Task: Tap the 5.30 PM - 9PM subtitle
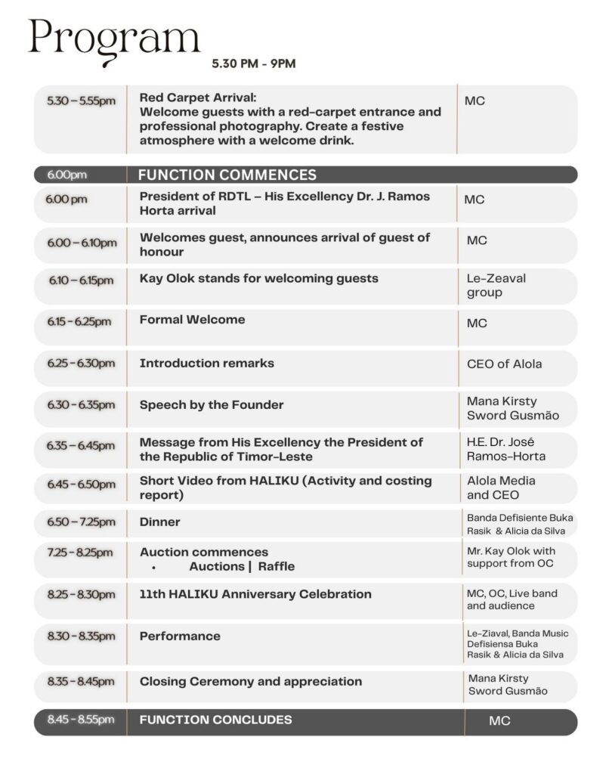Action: (254, 63)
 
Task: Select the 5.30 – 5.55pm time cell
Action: (81, 101)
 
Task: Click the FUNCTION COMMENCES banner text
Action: (227, 175)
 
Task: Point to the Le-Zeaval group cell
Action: (496, 285)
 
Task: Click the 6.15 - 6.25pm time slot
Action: (79, 321)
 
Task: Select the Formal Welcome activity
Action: (192, 320)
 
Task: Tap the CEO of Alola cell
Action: (503, 364)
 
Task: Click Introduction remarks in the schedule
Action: (206, 364)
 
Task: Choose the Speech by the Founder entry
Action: (212, 404)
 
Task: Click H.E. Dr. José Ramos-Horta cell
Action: (505, 449)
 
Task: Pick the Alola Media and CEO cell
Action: (501, 488)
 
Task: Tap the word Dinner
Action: (159, 522)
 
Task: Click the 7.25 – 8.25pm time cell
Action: (81, 553)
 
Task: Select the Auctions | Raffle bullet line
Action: (241, 567)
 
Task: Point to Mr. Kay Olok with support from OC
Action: (510, 558)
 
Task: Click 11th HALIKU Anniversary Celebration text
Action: (255, 594)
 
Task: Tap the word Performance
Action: (180, 636)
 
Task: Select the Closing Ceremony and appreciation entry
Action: (250, 682)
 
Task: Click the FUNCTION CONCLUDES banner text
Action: (215, 720)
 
